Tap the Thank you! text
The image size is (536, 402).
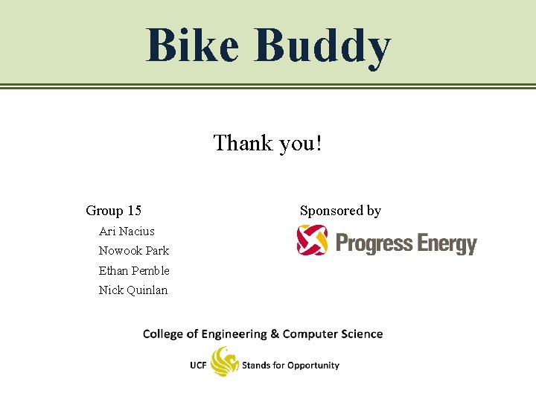pyautogui.click(x=268, y=142)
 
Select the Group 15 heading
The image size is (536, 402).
pyautogui.click(x=114, y=211)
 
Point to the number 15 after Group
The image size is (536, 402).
pyautogui.click(x=134, y=211)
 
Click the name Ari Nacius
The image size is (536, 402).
pyautogui.click(x=127, y=231)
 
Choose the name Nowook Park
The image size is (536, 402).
pyautogui.click(x=134, y=250)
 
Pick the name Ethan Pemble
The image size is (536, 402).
pyautogui.click(x=134, y=270)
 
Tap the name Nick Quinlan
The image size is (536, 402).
pyautogui.click(x=133, y=290)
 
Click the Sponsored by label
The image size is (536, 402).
pyautogui.click(x=340, y=211)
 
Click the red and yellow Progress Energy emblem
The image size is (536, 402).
pyautogui.click(x=312, y=240)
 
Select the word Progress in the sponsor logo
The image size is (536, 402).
pyautogui.click(x=374, y=243)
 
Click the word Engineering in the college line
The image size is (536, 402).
pyautogui.click(x=229, y=334)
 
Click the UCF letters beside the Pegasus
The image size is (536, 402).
pyautogui.click(x=198, y=366)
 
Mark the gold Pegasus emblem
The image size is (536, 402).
pyautogui.click(x=224, y=363)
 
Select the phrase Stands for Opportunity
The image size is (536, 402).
pyautogui.click(x=290, y=366)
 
